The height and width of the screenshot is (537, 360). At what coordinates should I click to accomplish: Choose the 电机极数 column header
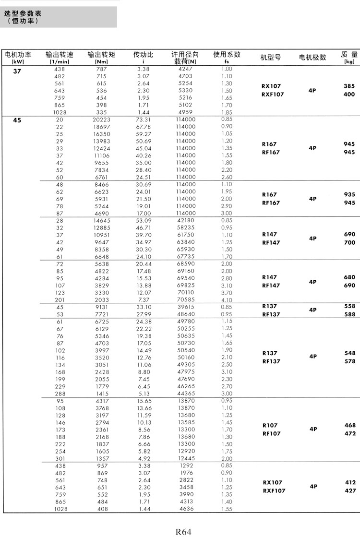(312, 57)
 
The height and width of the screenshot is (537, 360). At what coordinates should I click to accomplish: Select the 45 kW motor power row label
(17, 120)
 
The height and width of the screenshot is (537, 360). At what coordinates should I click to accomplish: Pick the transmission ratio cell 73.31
(143, 119)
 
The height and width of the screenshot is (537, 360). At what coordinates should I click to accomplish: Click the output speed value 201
(60, 300)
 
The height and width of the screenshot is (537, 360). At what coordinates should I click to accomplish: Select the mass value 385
(349, 86)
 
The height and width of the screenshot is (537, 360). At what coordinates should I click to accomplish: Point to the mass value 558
(349, 306)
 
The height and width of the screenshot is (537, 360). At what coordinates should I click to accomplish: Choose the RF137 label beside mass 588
(270, 315)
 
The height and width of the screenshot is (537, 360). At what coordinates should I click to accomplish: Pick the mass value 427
(350, 491)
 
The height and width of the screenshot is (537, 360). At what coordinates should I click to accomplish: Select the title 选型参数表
(23, 13)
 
